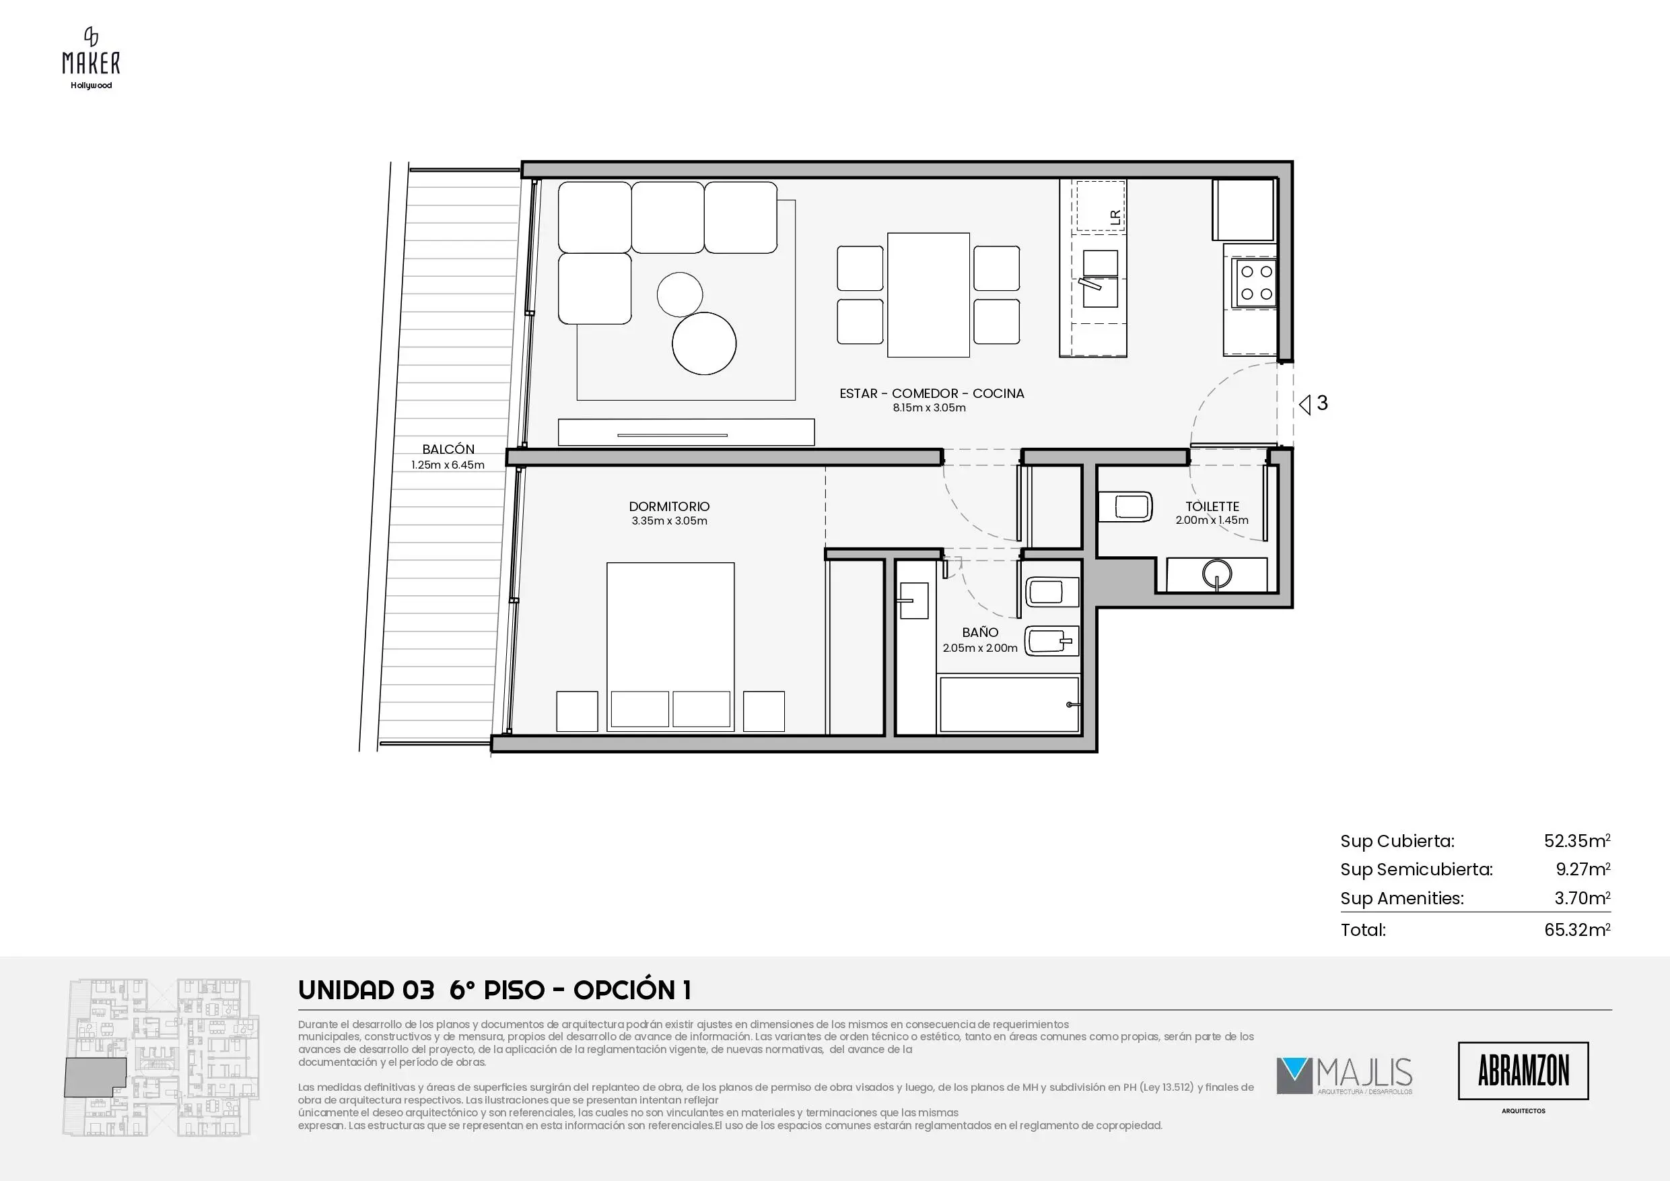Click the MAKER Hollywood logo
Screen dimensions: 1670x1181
(91, 58)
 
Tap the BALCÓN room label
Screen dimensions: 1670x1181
(448, 449)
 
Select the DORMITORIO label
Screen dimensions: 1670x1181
(669, 506)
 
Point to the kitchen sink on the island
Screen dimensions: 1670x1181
(1100, 279)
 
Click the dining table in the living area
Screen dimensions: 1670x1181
(928, 295)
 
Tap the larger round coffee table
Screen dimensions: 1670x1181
(704, 343)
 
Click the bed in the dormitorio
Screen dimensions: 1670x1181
(670, 646)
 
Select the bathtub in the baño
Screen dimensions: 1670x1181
(1010, 704)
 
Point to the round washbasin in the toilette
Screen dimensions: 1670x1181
(1217, 573)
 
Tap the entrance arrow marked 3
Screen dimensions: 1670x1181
(1314, 403)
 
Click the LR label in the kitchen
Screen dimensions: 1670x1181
(1114, 216)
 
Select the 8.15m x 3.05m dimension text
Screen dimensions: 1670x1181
(930, 407)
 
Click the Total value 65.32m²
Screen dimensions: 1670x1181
(1577, 929)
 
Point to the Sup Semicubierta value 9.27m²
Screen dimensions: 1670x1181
(1582, 869)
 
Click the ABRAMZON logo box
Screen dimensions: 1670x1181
(1523, 1071)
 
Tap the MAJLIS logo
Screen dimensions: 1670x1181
(1344, 1076)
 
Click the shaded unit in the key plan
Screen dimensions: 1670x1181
(93, 1077)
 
